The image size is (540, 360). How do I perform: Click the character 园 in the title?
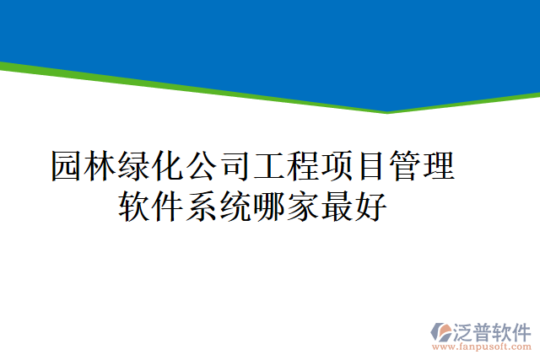pyautogui.click(x=67, y=166)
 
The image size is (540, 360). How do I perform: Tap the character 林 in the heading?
pyautogui.click(x=100, y=166)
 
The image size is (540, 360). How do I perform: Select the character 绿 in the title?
pyautogui.click(x=134, y=166)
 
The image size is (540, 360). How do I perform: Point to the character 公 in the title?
pyautogui.click(x=202, y=166)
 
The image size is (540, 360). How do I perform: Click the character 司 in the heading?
pyautogui.click(x=235, y=166)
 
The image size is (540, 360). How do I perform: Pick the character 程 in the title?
pyautogui.click(x=303, y=166)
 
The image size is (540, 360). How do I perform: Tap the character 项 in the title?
pyautogui.click(x=337, y=166)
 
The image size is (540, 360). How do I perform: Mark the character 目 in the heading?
pyautogui.click(x=370, y=166)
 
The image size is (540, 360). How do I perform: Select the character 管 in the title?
pyautogui.click(x=404, y=166)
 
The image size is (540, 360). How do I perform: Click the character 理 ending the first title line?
pyautogui.click(x=438, y=166)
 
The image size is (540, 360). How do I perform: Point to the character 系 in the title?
pyautogui.click(x=203, y=206)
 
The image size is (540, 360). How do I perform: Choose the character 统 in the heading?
pyautogui.click(x=237, y=206)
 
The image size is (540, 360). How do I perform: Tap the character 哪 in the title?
pyautogui.click(x=271, y=206)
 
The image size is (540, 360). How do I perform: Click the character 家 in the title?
pyautogui.click(x=305, y=206)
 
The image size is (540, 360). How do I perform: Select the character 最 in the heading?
pyautogui.click(x=338, y=206)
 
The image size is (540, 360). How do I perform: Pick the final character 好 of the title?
pyautogui.click(x=372, y=206)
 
